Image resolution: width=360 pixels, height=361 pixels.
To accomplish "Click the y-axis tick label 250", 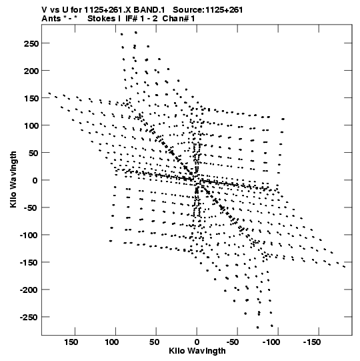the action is (x=31, y=43).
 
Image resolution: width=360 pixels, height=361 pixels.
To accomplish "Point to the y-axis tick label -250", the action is (x=29, y=317).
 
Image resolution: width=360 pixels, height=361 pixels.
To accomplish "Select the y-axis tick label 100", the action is (x=31, y=125).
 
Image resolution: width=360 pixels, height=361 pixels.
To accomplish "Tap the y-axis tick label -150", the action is (x=29, y=262).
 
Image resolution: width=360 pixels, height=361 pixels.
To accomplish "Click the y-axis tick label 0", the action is (x=35, y=180).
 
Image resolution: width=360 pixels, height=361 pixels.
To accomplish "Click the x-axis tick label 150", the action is (x=71, y=342).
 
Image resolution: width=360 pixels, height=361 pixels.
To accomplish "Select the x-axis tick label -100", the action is (x=271, y=342).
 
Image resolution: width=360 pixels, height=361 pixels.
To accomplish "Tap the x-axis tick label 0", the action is (x=197, y=342).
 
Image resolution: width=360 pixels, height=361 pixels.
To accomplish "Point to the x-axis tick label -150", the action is (x=312, y=342).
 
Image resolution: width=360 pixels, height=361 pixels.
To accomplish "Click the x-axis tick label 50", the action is (x=154, y=342).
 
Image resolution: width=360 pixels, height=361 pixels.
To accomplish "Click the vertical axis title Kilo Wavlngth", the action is (x=13, y=179).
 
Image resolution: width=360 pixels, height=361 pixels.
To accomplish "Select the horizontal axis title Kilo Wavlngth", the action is (x=197, y=351).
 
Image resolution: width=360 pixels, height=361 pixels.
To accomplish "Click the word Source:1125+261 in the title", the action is (x=208, y=10).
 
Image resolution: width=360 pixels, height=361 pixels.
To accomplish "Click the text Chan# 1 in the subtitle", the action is (x=179, y=19).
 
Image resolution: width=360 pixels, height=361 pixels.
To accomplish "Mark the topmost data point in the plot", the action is (x=136, y=33).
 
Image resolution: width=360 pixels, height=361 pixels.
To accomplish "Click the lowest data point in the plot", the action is (x=257, y=328).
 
